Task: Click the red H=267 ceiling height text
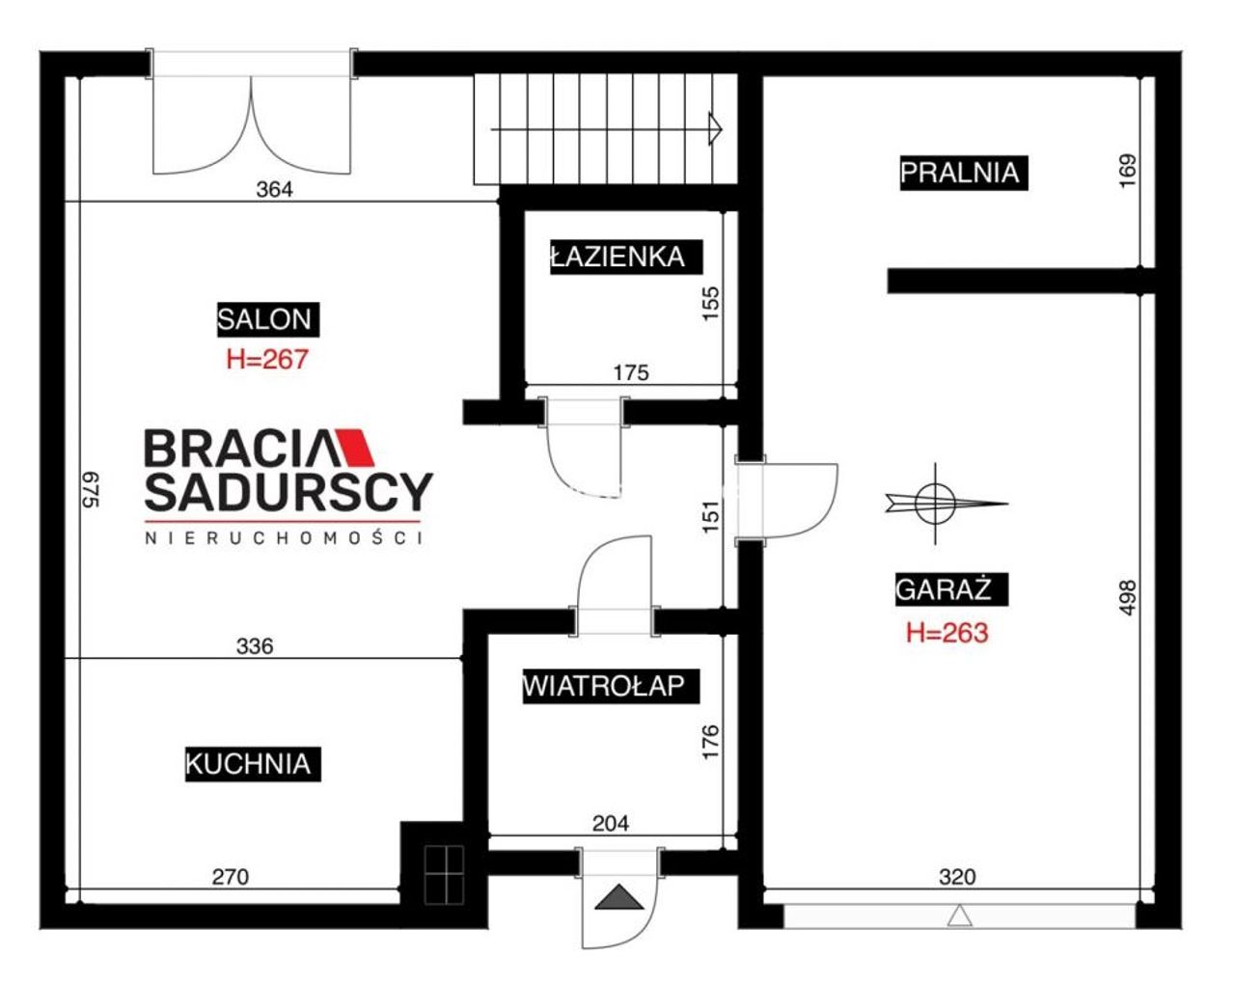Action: point(267,359)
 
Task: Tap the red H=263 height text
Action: point(947,633)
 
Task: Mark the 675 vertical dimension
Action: point(92,490)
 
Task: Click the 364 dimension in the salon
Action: point(274,189)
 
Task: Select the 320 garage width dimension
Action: point(957,877)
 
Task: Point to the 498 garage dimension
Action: point(1127,598)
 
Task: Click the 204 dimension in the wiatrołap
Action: point(611,824)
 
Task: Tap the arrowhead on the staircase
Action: point(716,128)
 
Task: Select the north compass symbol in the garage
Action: point(936,504)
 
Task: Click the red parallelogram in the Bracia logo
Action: point(355,447)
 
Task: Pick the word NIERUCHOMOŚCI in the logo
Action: point(284,537)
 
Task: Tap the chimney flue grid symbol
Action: point(444,875)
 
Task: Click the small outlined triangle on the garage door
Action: point(959,914)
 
